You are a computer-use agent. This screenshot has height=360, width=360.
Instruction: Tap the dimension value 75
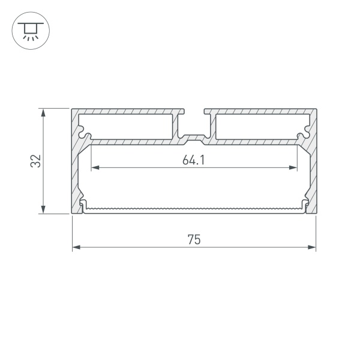pyautogui.click(x=193, y=239)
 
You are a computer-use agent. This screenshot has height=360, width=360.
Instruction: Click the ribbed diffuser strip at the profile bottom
pyautogui.click(x=194, y=209)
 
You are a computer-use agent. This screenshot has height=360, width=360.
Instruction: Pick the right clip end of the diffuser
pyautogui.click(x=305, y=205)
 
